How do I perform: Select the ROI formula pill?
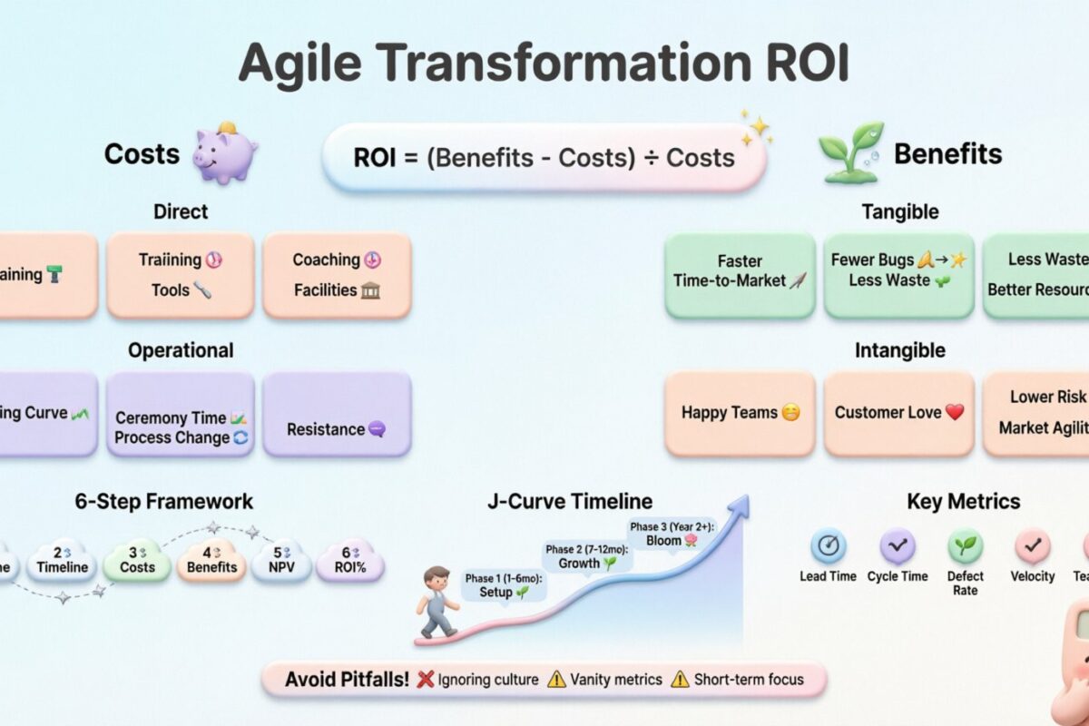544,157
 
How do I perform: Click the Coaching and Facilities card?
337,275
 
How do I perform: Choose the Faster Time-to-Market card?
740,275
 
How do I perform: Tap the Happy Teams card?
740,413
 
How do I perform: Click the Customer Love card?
898,413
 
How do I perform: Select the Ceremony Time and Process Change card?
181,427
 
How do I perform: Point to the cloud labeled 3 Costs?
137,560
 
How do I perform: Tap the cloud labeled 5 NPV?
280,560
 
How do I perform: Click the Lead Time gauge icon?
828,546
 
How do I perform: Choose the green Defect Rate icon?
965,546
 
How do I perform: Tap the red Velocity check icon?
1033,546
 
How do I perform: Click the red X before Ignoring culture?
423,679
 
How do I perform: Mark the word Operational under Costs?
181,350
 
